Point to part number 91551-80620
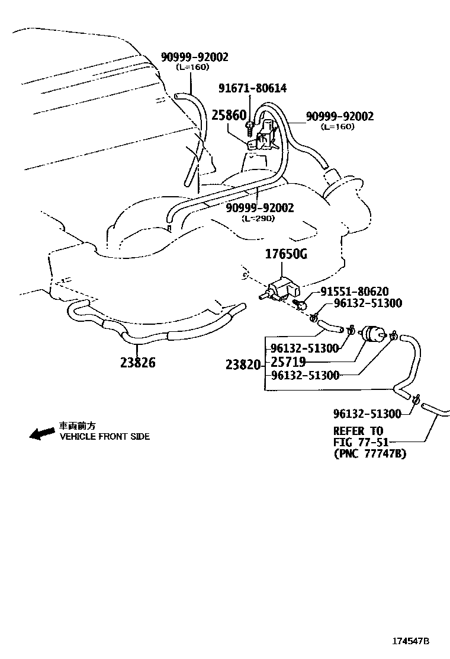click(x=355, y=292)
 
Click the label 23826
click(x=137, y=362)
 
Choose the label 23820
click(x=243, y=365)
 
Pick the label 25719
click(x=288, y=362)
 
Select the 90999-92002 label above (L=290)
click(x=260, y=208)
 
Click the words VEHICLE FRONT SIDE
click(x=104, y=437)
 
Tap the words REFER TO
click(x=358, y=431)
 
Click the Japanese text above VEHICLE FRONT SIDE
click(x=77, y=426)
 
